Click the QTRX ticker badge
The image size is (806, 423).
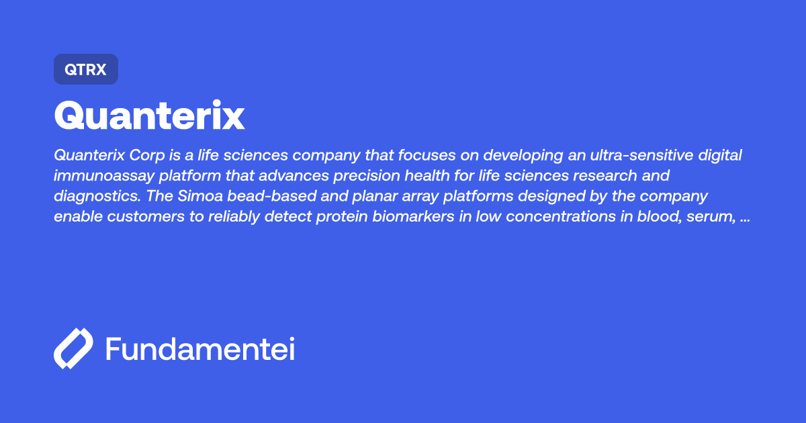coord(85,69)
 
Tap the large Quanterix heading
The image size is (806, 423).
coord(149,116)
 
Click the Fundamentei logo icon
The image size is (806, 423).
coord(73,349)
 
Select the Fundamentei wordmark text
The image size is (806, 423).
coord(200,349)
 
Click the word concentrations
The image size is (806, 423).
coord(541,218)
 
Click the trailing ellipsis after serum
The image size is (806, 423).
coord(744,219)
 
